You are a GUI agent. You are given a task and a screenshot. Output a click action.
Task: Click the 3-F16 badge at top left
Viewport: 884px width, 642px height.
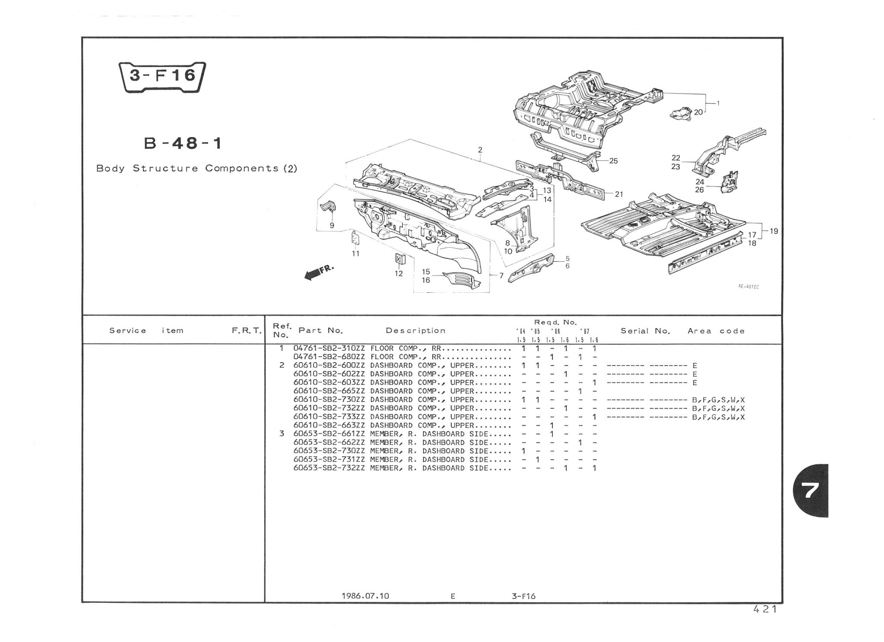162,77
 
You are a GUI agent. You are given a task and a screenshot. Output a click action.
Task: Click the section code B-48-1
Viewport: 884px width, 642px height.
183,143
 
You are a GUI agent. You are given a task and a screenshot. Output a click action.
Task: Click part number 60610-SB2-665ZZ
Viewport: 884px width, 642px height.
329,391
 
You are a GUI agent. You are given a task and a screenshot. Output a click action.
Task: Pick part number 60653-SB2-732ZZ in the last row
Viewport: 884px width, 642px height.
329,468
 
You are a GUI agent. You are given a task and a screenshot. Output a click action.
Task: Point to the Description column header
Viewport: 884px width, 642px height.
415,331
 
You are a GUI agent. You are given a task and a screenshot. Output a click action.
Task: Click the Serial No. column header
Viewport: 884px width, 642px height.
645,331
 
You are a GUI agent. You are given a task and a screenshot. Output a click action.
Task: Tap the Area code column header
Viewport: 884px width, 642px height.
716,331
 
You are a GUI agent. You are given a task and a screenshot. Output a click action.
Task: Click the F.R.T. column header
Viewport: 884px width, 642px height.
246,331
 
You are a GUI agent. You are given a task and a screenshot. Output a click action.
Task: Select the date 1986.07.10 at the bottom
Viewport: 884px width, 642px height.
365,596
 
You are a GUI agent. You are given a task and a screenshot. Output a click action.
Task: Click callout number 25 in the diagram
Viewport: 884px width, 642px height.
613,161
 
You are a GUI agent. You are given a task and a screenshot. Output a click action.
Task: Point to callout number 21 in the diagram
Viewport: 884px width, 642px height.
619,194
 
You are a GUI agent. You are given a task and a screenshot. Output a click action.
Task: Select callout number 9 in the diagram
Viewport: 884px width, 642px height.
332,225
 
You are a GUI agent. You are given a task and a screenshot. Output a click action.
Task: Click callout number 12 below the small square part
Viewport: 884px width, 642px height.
398,273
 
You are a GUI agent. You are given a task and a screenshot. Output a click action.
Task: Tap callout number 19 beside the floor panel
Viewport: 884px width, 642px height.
773,231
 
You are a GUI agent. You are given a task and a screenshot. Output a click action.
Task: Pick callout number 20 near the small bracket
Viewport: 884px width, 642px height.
698,112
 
